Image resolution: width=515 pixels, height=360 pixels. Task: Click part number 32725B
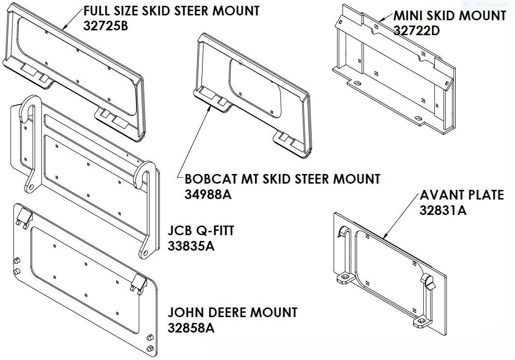(106, 26)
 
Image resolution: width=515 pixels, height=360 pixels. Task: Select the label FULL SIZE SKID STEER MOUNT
(172, 11)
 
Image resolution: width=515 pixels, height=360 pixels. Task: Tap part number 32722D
(417, 30)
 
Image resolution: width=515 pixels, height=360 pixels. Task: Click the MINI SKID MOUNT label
(449, 16)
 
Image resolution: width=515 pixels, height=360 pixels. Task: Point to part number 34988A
(208, 194)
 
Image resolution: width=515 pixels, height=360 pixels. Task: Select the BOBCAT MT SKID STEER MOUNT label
(283, 179)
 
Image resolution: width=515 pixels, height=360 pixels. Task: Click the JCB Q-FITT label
(201, 231)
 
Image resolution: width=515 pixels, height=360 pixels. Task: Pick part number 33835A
(191, 246)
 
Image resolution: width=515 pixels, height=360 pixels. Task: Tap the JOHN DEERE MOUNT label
(232, 312)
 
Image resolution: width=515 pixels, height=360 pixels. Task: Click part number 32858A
(191, 328)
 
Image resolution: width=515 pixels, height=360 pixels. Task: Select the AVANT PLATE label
(462, 195)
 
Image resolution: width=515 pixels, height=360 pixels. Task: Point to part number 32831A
(443, 210)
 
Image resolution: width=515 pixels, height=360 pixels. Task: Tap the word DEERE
(226, 312)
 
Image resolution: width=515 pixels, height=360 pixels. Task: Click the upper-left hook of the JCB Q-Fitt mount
(29, 112)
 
